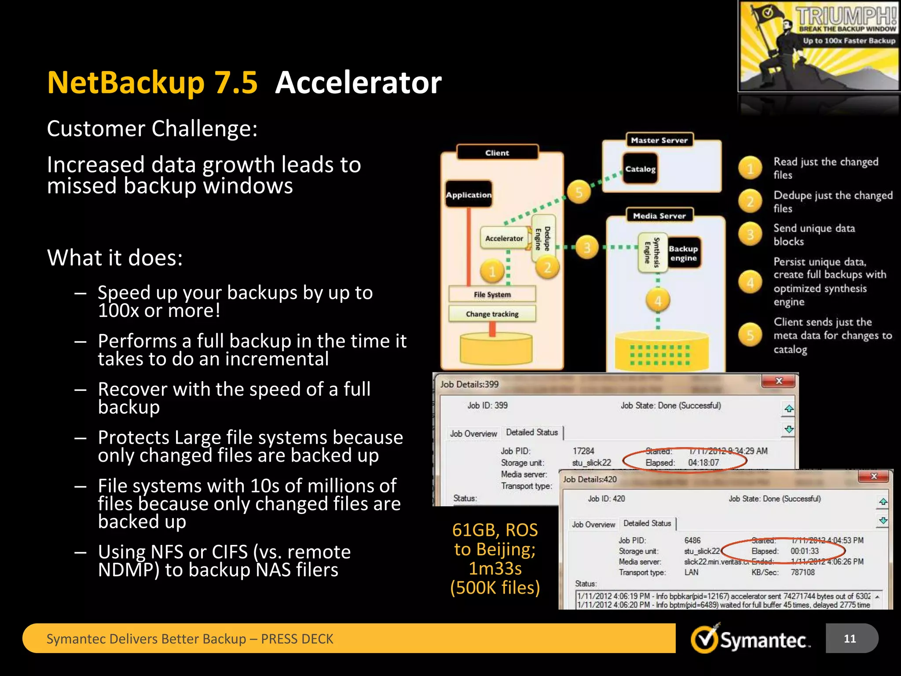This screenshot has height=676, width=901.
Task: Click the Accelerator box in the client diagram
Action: [504, 238]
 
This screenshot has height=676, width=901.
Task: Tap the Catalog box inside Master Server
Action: [640, 169]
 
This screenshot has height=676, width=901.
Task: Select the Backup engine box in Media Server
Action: [683, 253]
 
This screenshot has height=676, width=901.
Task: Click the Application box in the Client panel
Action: [469, 195]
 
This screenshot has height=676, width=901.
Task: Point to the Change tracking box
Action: [492, 314]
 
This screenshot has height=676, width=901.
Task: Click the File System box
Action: [492, 294]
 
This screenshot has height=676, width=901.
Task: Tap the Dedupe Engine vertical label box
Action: [543, 239]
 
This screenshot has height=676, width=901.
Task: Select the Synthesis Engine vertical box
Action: [652, 253]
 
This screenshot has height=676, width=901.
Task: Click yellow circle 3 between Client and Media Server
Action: [587, 248]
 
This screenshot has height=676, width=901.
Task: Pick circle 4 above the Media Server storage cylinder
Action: [658, 301]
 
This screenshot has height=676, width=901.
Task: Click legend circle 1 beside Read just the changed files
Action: [750, 168]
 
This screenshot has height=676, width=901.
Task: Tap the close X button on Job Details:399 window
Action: [779, 381]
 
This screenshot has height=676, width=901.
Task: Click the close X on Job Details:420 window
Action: [874, 476]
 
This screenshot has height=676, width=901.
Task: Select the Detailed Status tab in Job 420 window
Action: [647, 523]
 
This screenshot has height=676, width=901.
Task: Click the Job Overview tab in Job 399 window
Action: [473, 434]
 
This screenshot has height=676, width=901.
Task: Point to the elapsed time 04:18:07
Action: [703, 463]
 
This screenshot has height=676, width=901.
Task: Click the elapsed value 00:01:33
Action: [805, 551]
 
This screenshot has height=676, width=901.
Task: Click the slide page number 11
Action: [850, 639]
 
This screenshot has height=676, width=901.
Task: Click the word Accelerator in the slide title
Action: [358, 83]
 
